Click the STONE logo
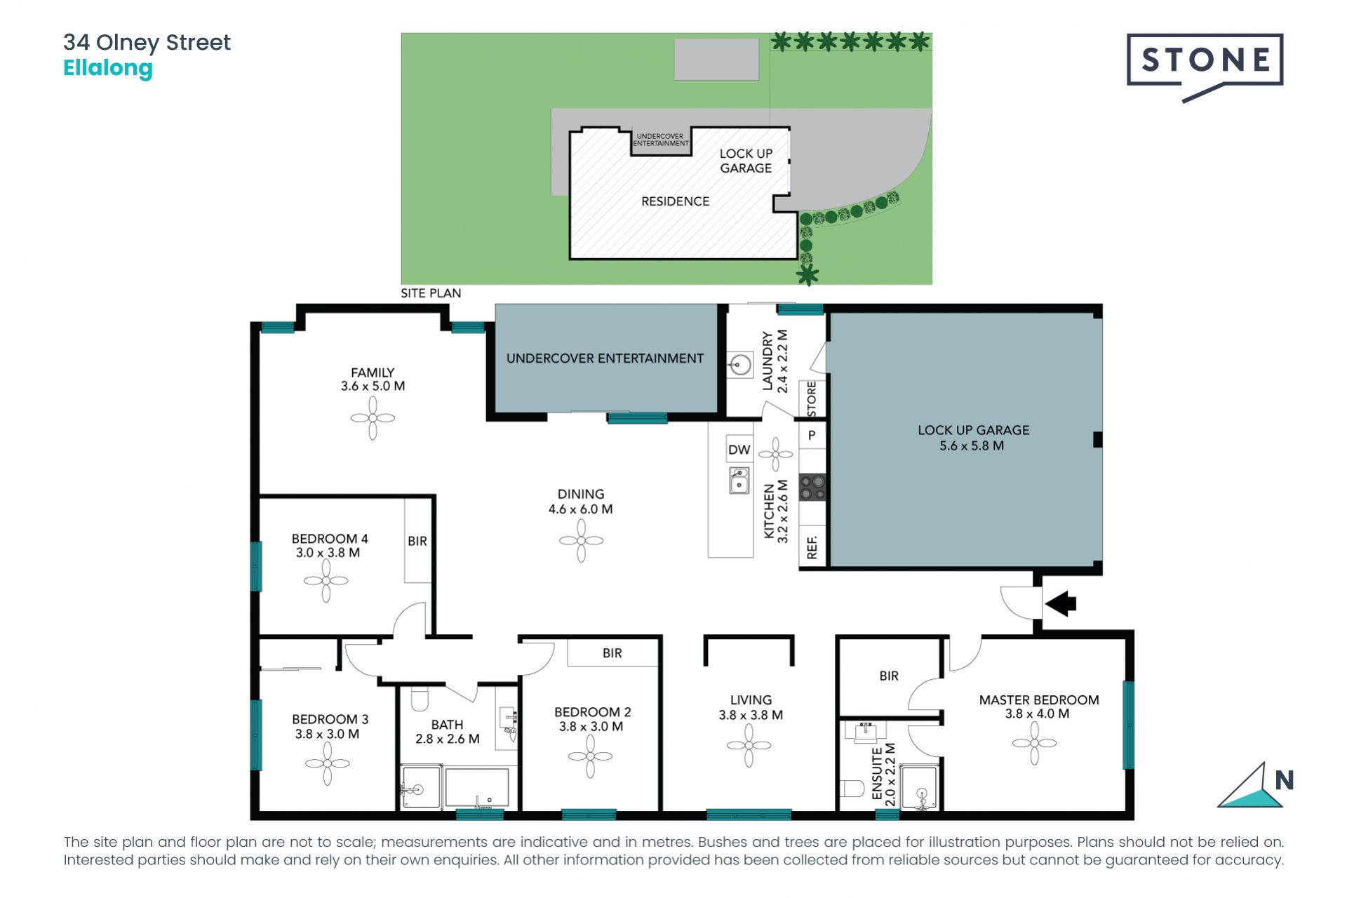point(1205,61)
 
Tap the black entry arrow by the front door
point(1061,603)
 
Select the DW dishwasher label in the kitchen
point(739,450)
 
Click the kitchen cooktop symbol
point(812,488)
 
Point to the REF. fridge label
point(812,547)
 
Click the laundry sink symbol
point(739,365)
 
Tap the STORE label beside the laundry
point(812,398)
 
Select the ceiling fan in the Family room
point(373,418)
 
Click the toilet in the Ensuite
point(852,789)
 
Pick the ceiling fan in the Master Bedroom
point(1034,743)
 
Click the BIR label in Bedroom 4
point(417,541)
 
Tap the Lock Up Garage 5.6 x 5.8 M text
point(973,438)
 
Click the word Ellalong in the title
point(108,68)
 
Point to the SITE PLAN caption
point(431,293)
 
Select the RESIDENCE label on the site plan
point(675,201)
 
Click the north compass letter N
point(1284,780)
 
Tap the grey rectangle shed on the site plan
point(716,60)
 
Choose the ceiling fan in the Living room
point(749,745)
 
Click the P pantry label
point(812,436)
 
